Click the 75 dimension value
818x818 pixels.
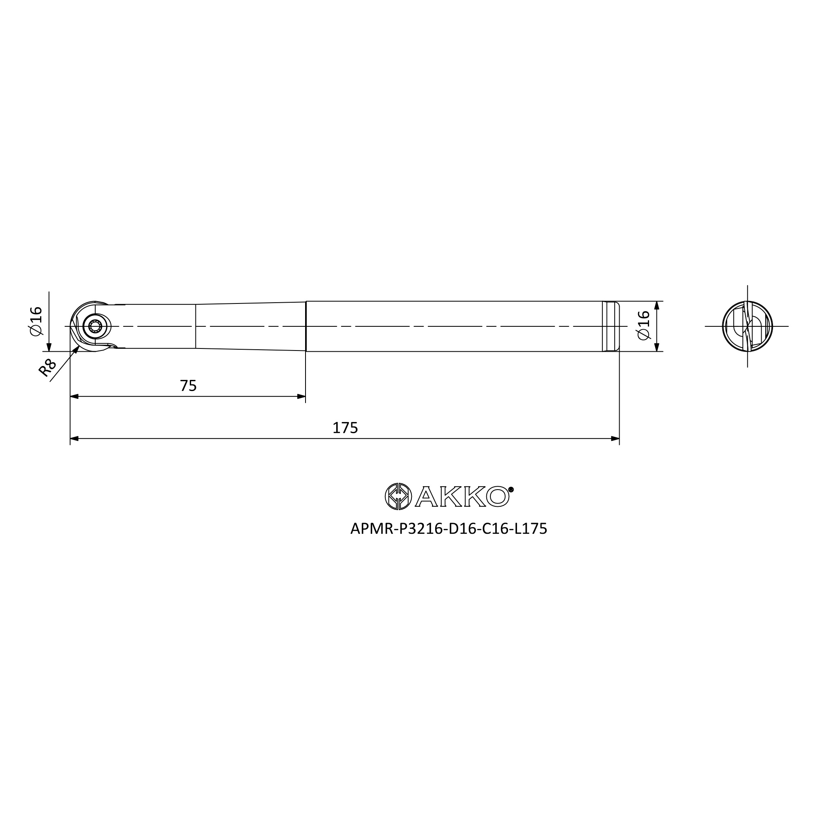188,386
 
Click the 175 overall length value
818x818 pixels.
345,428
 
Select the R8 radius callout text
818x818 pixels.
47,368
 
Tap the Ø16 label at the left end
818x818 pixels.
36,321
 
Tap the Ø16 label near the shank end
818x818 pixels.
643,325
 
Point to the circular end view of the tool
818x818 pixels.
747,326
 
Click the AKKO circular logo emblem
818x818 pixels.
398,496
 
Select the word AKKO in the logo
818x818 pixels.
462,496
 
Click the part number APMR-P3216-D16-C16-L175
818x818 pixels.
449,528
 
